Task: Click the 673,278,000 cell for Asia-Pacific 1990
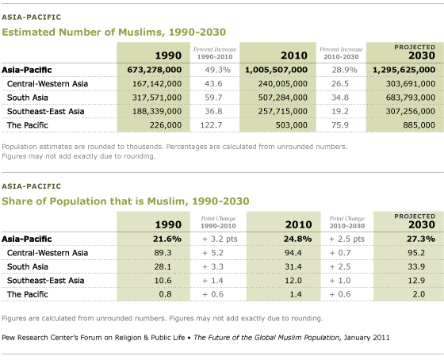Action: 155,70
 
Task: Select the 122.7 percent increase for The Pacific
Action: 211,125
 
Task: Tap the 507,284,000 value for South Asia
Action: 282,98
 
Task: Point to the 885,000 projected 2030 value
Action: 419,125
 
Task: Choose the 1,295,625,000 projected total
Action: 404,70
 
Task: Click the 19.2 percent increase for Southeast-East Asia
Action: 340,111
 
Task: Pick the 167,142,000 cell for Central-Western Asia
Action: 157,83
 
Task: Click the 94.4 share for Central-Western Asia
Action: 293,253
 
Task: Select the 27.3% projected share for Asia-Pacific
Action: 421,239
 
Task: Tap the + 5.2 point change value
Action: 212,253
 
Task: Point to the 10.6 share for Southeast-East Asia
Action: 163,281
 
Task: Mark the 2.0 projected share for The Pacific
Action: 419,294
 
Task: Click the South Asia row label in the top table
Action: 28,98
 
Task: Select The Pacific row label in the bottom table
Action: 28,294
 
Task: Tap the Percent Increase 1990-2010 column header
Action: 215,53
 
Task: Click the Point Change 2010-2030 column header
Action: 347,222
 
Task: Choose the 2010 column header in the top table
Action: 294,56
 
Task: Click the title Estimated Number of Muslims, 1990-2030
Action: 114,33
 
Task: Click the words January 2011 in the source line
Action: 366,338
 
